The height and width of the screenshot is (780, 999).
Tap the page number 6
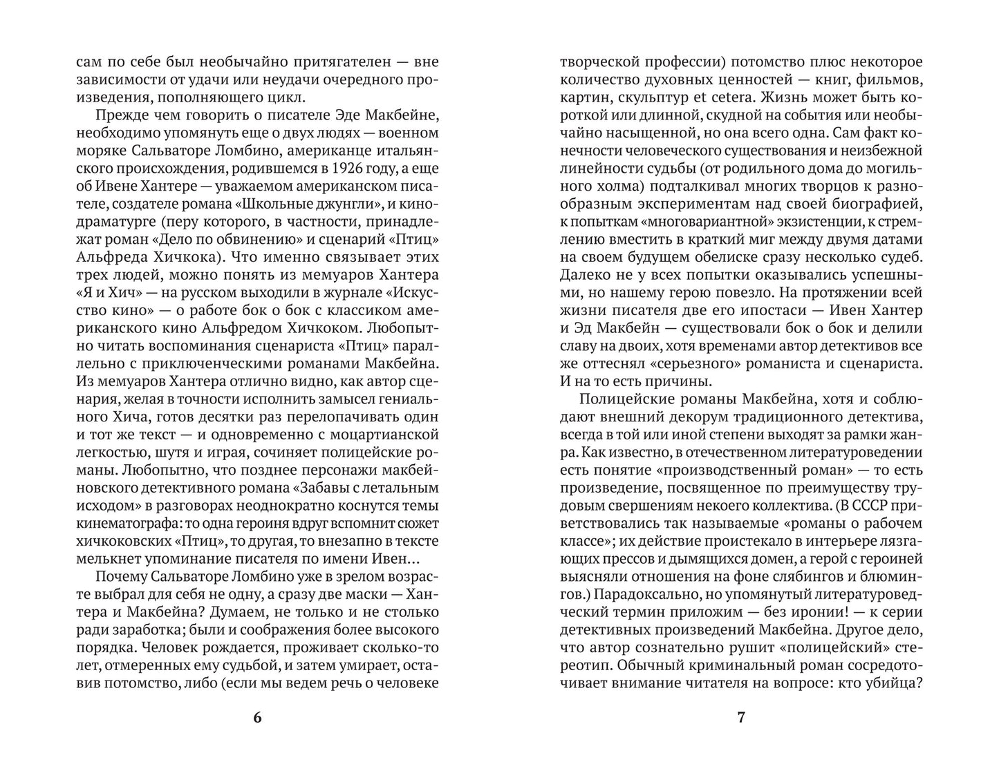[x=258, y=718]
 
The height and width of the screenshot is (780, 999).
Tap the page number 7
[x=741, y=718]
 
